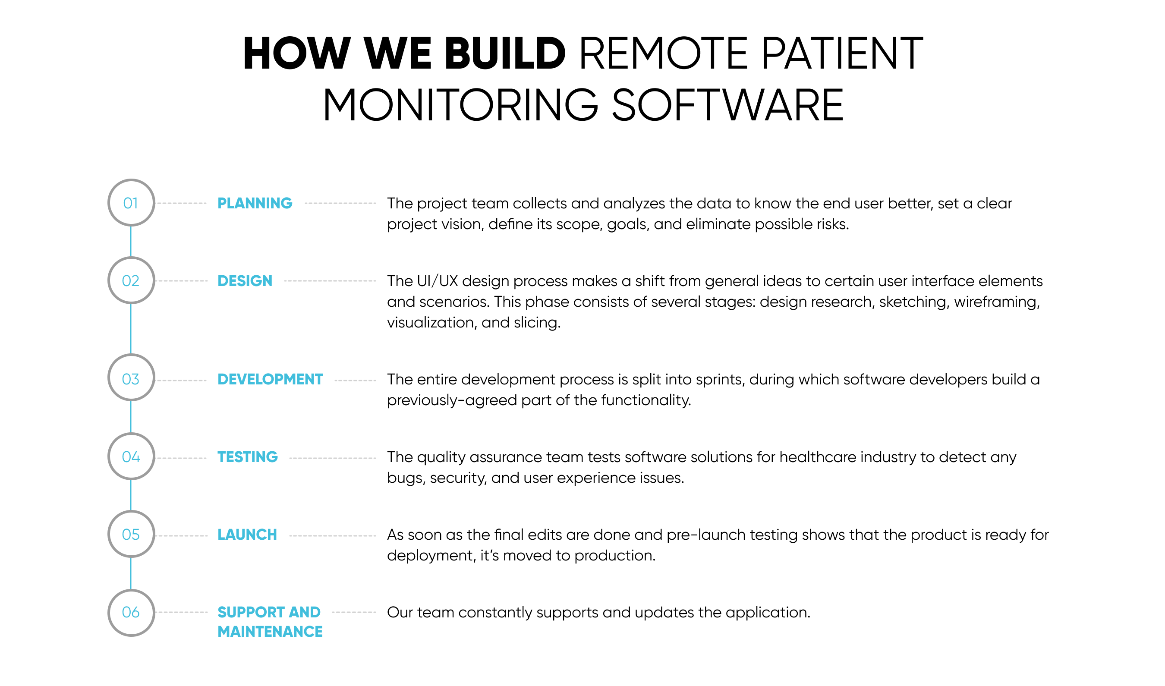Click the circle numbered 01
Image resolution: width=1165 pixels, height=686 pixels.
coord(131,180)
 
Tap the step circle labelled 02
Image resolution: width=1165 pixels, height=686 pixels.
coord(131,258)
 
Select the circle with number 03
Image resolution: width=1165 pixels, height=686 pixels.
coord(131,355)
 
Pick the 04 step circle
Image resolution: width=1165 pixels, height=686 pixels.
coord(131,434)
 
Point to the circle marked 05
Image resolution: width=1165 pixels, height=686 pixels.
coord(131,511)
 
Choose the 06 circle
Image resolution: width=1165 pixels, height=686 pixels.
coord(131,590)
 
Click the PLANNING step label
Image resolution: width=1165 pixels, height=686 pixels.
coord(255,203)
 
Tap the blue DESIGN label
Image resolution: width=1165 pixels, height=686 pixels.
coord(245,280)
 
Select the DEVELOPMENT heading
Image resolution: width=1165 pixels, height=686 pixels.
coord(270,379)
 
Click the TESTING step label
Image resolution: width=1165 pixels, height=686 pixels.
coord(247,457)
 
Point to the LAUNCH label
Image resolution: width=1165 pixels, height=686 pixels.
coord(247,535)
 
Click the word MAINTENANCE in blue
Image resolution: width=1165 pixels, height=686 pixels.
coord(270,632)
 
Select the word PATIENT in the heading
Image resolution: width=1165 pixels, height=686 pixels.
coord(842,53)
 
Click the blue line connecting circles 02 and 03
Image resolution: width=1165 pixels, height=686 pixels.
coord(131,329)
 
